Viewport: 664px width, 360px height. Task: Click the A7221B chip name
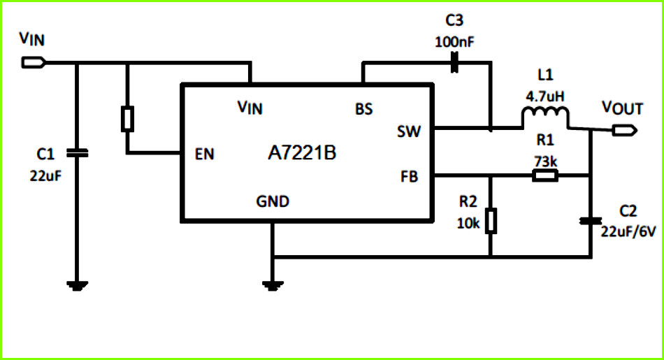[x=302, y=152]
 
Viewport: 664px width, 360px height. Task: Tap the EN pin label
[x=205, y=154]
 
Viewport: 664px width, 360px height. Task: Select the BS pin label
[x=363, y=109]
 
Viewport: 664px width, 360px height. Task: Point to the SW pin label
[x=409, y=131]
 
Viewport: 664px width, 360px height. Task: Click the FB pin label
[x=409, y=176]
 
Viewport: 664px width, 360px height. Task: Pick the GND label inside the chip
[x=273, y=201]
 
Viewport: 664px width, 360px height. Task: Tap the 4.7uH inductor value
[x=545, y=96]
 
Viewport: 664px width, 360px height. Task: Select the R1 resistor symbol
[x=545, y=175]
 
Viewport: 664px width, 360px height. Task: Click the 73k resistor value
[x=545, y=161]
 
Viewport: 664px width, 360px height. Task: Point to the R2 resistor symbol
[x=491, y=221]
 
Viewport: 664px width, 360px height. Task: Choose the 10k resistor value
[x=468, y=223]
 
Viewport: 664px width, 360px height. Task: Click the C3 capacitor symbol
[x=454, y=62]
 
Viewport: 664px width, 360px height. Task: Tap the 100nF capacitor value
[x=454, y=42]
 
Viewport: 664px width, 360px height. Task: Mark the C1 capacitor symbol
[x=77, y=153]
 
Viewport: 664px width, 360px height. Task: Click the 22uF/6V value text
[x=628, y=231]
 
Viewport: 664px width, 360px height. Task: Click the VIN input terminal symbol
[x=34, y=63]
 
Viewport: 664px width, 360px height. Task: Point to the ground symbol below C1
[x=77, y=286]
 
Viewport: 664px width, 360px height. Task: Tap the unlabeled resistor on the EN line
[x=127, y=119]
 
